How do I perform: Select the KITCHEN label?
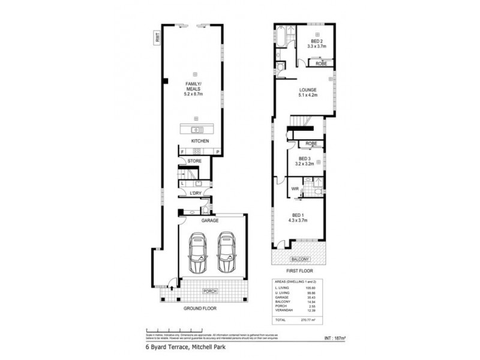point(200,141)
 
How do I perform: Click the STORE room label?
point(194,161)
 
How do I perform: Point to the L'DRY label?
point(195,193)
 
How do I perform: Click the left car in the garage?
point(197,252)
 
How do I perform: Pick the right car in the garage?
point(226,252)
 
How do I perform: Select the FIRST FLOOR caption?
point(298,271)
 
